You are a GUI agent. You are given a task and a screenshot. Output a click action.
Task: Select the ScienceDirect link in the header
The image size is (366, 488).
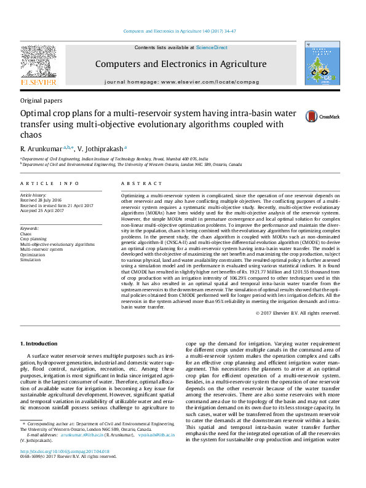coord(212,47)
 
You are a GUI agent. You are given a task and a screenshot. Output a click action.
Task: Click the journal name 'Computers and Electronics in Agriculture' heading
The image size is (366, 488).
coord(180,64)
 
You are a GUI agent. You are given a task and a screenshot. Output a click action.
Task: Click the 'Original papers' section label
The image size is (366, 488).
coord(41,100)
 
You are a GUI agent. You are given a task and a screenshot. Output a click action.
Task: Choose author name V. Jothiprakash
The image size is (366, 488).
coord(101,149)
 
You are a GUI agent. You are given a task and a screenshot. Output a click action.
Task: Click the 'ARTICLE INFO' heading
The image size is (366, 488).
coord(50,184)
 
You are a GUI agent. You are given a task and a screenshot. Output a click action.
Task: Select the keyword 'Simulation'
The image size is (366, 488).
coord(31,259)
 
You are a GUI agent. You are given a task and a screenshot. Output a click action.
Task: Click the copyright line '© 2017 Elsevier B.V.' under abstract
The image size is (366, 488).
coord(306,313)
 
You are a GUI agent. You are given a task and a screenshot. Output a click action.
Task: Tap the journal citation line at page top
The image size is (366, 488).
coord(183,31)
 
